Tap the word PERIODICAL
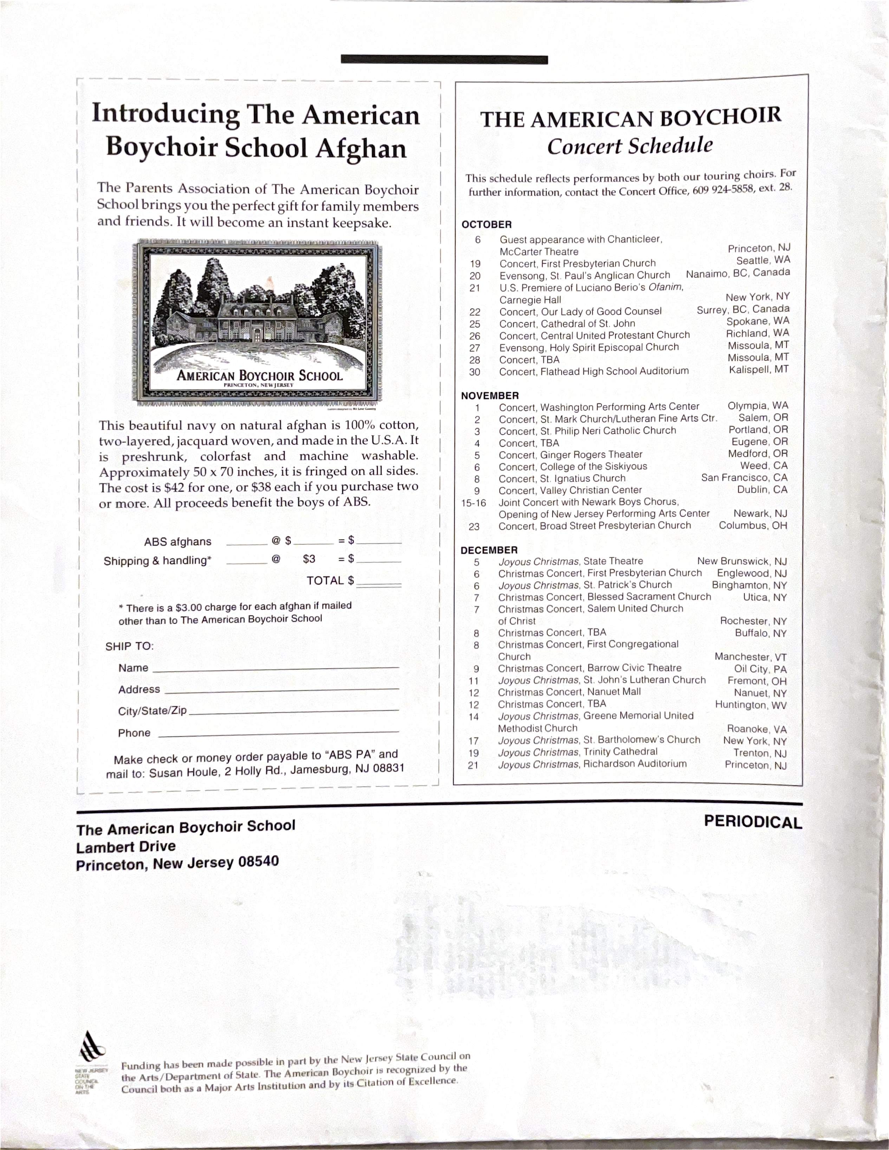click(753, 822)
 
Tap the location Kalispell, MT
click(759, 370)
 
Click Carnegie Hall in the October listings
click(530, 299)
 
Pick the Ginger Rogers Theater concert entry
click(571, 454)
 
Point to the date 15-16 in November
click(473, 503)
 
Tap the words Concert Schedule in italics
click(630, 146)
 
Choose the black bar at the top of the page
click(444, 59)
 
